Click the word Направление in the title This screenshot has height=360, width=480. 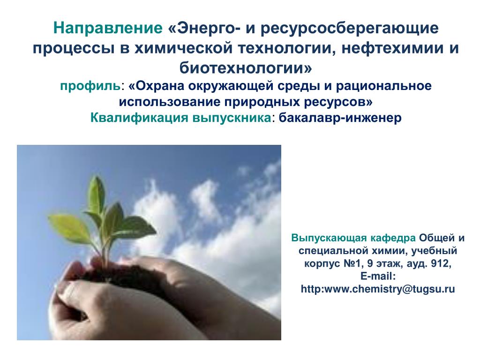tap(108, 28)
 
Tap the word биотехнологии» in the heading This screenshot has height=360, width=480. tap(246, 67)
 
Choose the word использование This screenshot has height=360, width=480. tap(169, 102)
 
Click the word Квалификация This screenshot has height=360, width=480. tap(139, 118)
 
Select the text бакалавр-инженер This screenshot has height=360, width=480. tap(340, 118)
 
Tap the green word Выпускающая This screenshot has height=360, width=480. tap(329, 238)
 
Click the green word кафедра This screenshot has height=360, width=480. tap(393, 238)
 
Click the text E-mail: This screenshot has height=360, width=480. tap(378, 276)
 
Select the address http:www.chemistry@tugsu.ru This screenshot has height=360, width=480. tap(378, 289)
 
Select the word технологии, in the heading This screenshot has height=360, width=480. tap(285, 48)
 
